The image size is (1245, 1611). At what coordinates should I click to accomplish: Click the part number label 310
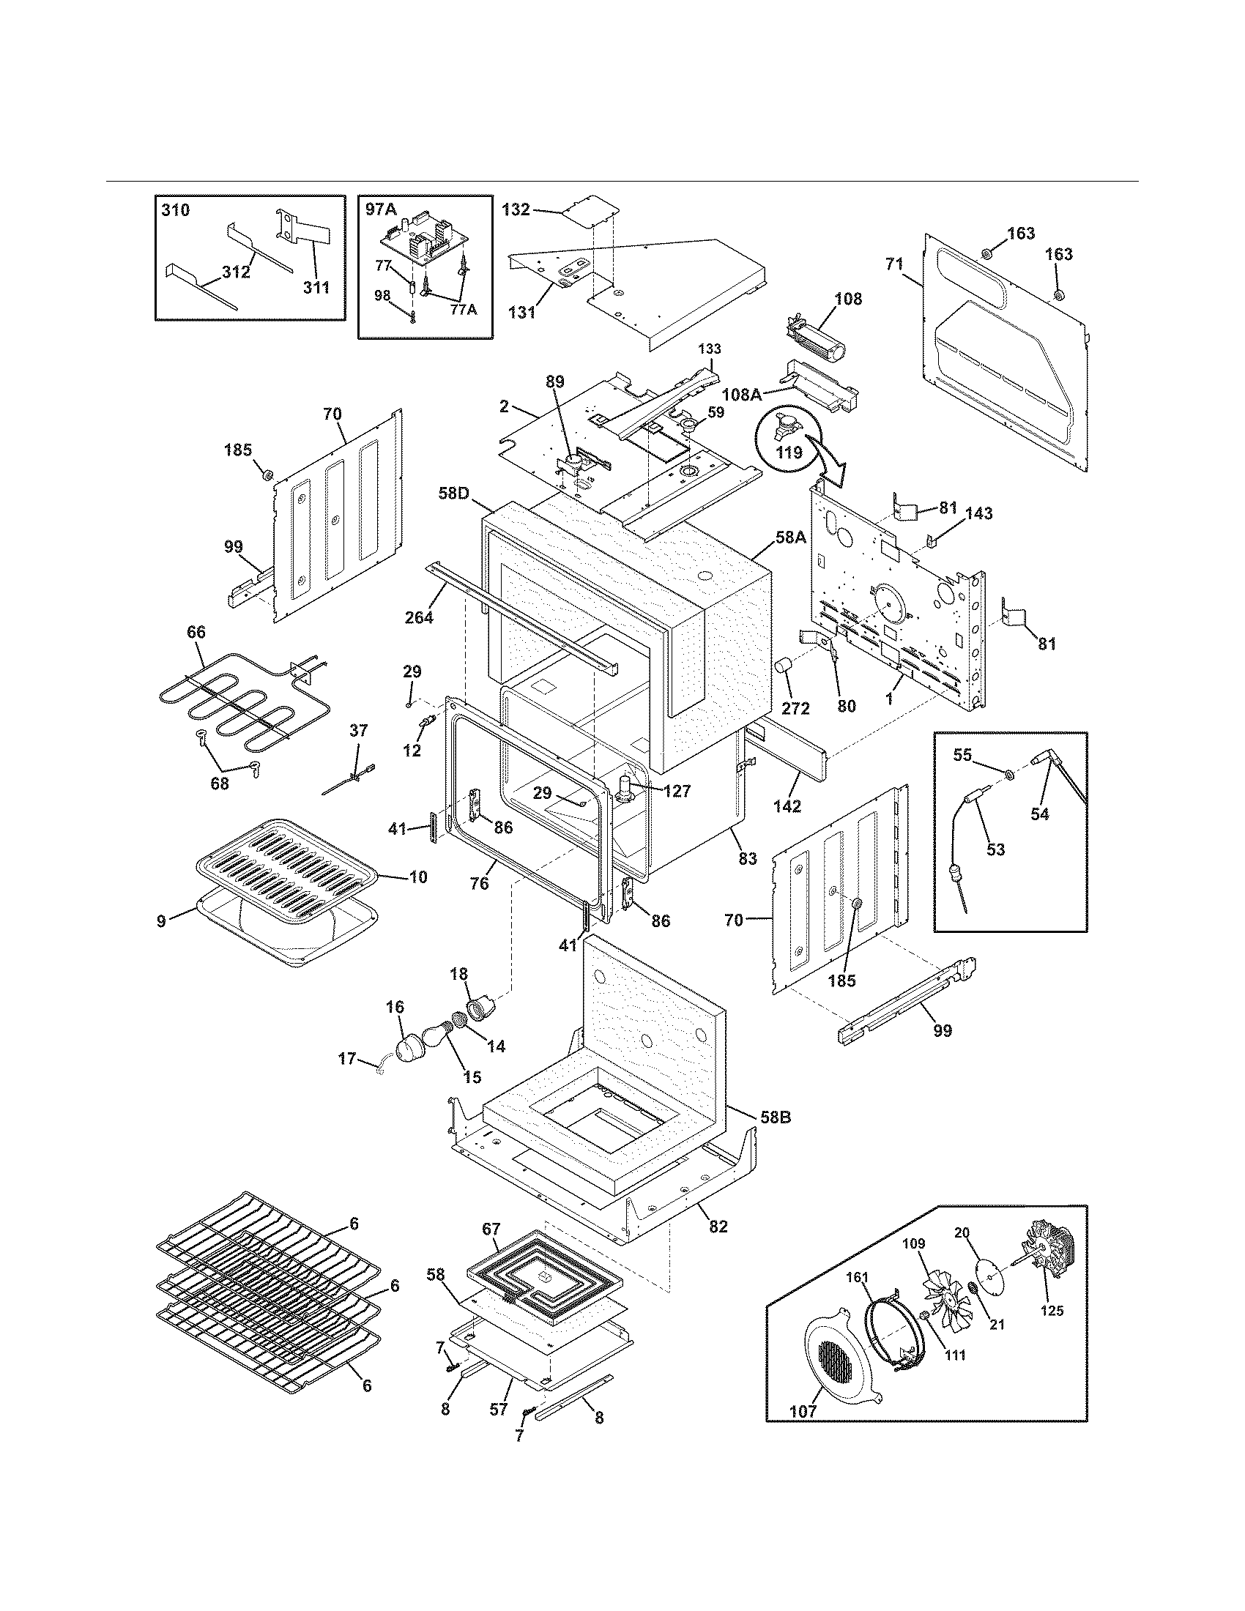(x=175, y=210)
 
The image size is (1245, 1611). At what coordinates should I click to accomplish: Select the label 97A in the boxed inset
(x=381, y=209)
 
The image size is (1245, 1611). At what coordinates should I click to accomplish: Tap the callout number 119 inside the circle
(x=789, y=452)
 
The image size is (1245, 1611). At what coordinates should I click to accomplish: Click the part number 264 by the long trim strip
(x=419, y=617)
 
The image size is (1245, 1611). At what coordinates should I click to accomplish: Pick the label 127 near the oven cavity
(x=676, y=791)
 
